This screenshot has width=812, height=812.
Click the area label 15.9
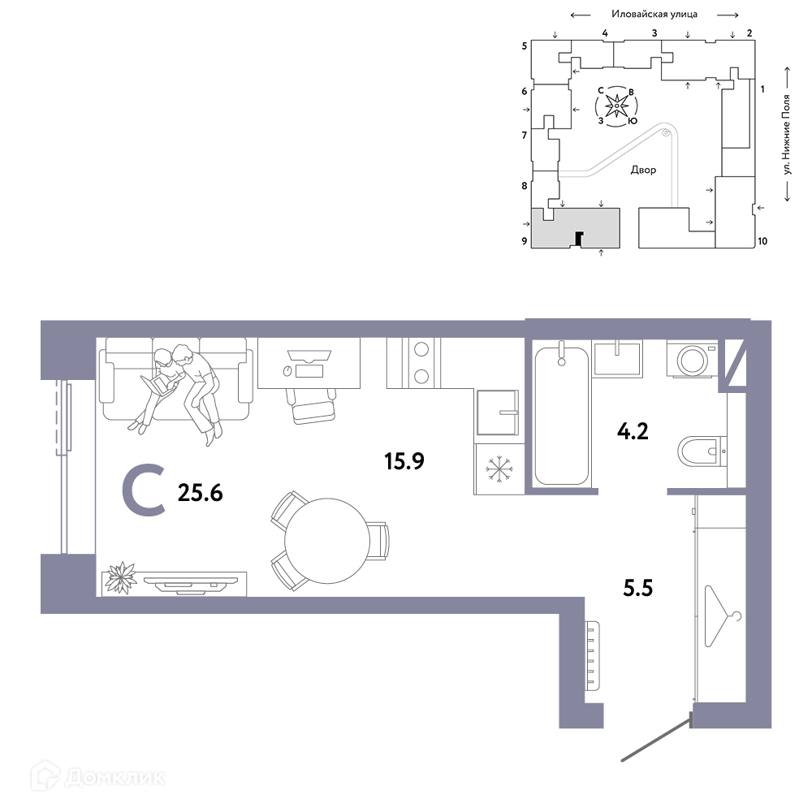click(404, 461)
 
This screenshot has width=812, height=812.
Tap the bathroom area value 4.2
click(633, 431)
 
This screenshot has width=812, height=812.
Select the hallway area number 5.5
click(637, 588)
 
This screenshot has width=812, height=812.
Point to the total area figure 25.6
click(200, 493)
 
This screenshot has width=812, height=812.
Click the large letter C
click(144, 491)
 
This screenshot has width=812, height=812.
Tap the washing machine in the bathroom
click(692, 358)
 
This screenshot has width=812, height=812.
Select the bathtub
click(561, 416)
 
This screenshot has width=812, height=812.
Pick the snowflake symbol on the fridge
click(499, 469)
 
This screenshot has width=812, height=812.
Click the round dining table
click(327, 541)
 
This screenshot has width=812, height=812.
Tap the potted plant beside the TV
click(120, 577)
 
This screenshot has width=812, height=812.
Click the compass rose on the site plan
click(616, 106)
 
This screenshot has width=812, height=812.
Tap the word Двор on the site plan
click(643, 170)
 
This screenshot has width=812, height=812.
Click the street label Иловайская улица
click(654, 15)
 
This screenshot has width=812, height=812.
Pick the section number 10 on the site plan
click(762, 241)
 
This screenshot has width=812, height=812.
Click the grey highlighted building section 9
click(576, 228)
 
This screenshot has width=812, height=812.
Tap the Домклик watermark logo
click(98, 777)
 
